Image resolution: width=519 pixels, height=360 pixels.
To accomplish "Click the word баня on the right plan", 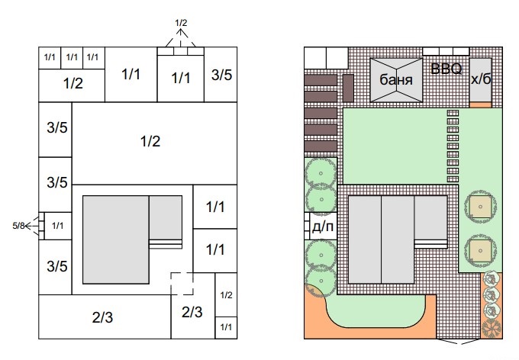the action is point(396,80).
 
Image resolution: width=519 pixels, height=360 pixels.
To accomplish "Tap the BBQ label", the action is point(446,69).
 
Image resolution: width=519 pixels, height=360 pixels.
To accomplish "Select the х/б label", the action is point(481,79).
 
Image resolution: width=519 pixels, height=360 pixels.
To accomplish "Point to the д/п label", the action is point(322,227).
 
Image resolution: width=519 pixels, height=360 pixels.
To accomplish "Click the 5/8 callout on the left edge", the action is point(18,226).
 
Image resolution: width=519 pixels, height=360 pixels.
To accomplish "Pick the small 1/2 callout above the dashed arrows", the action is point(181,23).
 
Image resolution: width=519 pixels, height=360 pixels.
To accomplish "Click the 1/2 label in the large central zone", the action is point(150,141).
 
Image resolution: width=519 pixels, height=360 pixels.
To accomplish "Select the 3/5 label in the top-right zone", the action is point(221,75).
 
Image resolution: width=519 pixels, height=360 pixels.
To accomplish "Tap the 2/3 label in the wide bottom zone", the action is point(102,317).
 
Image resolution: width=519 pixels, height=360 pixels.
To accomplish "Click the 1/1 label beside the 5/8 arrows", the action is point(57,226).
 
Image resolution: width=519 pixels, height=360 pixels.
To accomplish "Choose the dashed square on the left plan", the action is point(182,284).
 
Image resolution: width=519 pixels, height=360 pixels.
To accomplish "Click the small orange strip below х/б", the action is point(481,105).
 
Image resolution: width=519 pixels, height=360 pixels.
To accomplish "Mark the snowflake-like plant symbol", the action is point(492,329).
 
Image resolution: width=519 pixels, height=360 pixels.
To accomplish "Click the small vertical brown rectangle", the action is point(348,88).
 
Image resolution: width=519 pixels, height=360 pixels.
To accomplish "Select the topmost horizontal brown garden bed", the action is point(321,80).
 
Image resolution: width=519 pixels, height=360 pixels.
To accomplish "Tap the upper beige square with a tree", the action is point(480,207).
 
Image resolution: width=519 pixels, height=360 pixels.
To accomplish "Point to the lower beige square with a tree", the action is point(480,251).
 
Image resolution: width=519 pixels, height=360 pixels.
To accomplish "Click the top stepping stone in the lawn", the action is point(453,113).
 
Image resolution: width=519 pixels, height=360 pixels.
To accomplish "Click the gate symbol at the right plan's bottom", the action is point(458,341).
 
